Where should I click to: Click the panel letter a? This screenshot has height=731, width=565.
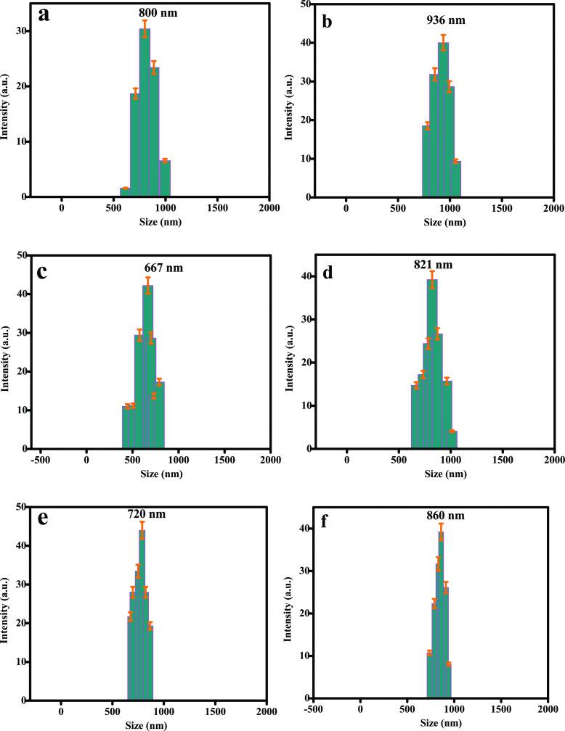pos(44,15)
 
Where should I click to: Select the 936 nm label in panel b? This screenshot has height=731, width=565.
pos(444,20)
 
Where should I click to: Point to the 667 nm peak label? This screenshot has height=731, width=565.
pos(163,268)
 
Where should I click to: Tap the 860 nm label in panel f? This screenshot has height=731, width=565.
pos(444,516)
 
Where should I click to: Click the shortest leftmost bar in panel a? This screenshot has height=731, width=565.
pos(125,192)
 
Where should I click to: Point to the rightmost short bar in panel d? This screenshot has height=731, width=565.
pos(452,439)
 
